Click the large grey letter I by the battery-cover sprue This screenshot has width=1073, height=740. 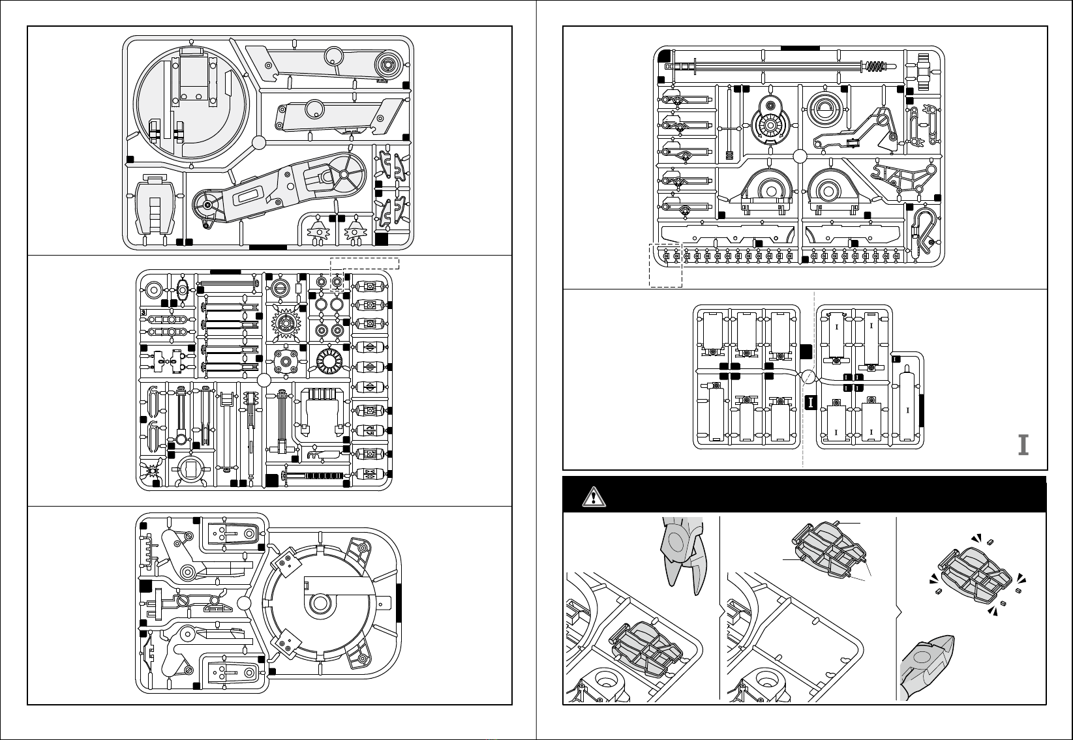coord(1023,445)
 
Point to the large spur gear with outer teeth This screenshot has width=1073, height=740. coord(287,322)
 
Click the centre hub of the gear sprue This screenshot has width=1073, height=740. coord(264,381)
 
